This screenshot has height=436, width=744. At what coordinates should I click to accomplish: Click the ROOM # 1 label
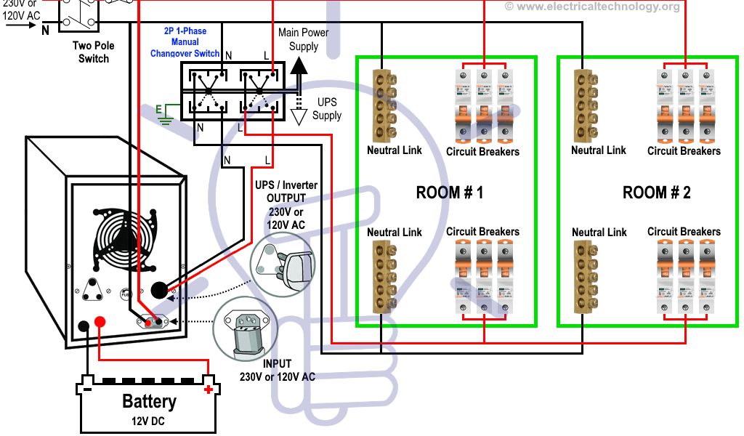(449, 193)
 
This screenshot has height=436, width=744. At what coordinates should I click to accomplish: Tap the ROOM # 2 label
(656, 193)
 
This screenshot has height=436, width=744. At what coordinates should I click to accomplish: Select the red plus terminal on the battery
(209, 389)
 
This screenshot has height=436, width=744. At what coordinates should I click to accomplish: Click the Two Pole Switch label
(94, 52)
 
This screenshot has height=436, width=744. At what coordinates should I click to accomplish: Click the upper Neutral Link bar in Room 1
(379, 106)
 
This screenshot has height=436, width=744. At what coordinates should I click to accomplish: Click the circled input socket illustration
(246, 330)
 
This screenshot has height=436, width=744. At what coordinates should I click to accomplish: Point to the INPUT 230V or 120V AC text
(277, 370)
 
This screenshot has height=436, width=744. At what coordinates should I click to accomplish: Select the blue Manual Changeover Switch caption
(185, 43)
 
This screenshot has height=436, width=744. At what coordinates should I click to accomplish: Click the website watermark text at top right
(592, 7)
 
